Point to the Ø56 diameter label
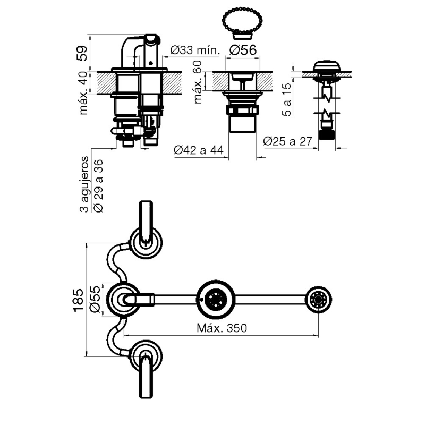point(244,50)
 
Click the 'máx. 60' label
point(198,83)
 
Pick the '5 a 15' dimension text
point(286,99)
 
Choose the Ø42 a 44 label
point(198,151)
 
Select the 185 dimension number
point(79,300)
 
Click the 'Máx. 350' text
point(222,328)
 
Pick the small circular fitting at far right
point(318,300)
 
